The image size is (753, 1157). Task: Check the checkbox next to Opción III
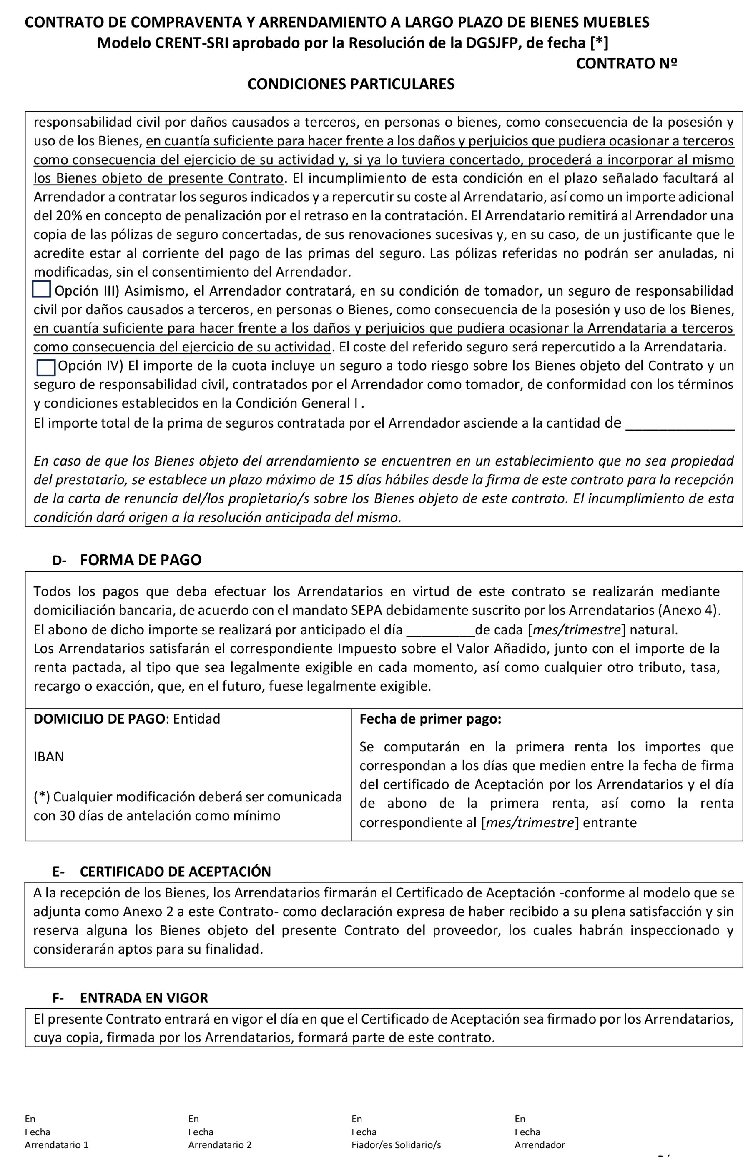click(41, 289)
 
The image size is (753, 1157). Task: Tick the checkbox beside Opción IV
click(46, 367)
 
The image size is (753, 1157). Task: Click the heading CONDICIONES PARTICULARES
click(351, 84)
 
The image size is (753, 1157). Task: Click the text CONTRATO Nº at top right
click(626, 63)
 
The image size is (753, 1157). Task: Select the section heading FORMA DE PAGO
click(141, 560)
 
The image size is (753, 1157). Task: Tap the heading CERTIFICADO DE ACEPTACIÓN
click(175, 871)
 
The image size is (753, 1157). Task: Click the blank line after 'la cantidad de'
click(680, 424)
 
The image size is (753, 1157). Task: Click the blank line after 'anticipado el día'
click(440, 631)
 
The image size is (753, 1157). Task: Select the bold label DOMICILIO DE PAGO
click(99, 719)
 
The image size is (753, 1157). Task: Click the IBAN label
click(49, 757)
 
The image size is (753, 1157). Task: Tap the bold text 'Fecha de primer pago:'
click(430, 719)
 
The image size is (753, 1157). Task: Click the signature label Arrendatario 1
click(56, 1145)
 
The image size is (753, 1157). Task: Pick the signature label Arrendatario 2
click(220, 1145)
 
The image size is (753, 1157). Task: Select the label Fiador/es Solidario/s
click(396, 1145)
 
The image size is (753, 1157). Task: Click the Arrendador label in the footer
click(540, 1145)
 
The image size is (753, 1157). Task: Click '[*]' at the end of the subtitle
click(599, 43)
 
